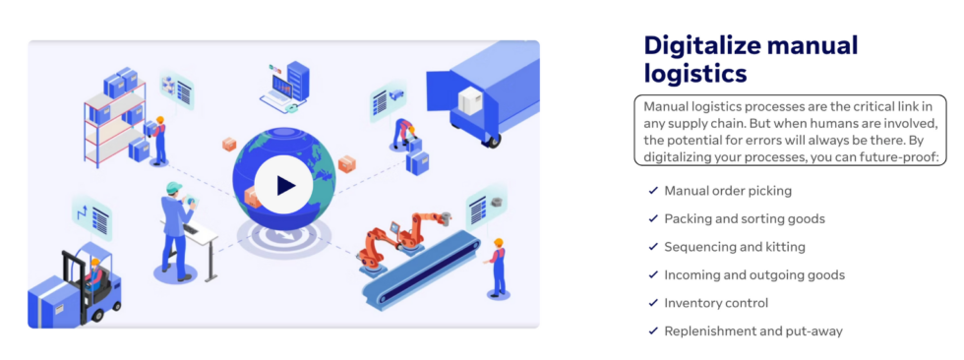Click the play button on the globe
click(284, 184)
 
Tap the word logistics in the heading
click(694, 73)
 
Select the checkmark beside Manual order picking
click(653, 191)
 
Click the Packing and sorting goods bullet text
click(744, 218)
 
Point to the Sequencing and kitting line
click(734, 247)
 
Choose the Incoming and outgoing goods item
click(753, 274)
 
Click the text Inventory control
click(716, 303)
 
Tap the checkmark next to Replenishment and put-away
click(653, 331)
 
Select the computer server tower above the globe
click(296, 78)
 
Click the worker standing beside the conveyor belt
click(498, 265)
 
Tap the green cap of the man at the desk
click(174, 187)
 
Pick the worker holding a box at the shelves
click(158, 138)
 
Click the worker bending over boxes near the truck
click(403, 133)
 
